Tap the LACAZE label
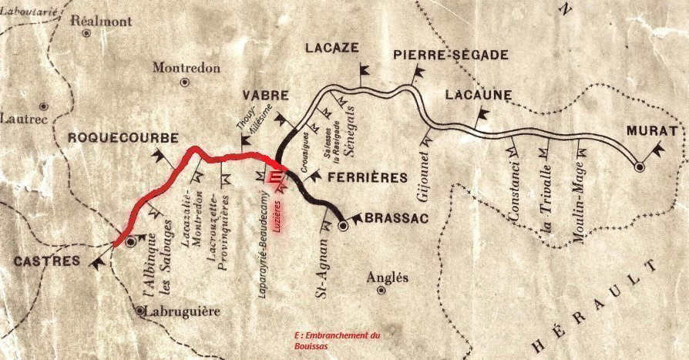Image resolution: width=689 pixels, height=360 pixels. click(x=332, y=48)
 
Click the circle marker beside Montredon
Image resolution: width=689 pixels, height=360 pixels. click(x=184, y=82)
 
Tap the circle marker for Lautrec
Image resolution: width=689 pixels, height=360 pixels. click(x=44, y=106)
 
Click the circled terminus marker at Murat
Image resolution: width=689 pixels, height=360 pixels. click(x=639, y=166)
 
